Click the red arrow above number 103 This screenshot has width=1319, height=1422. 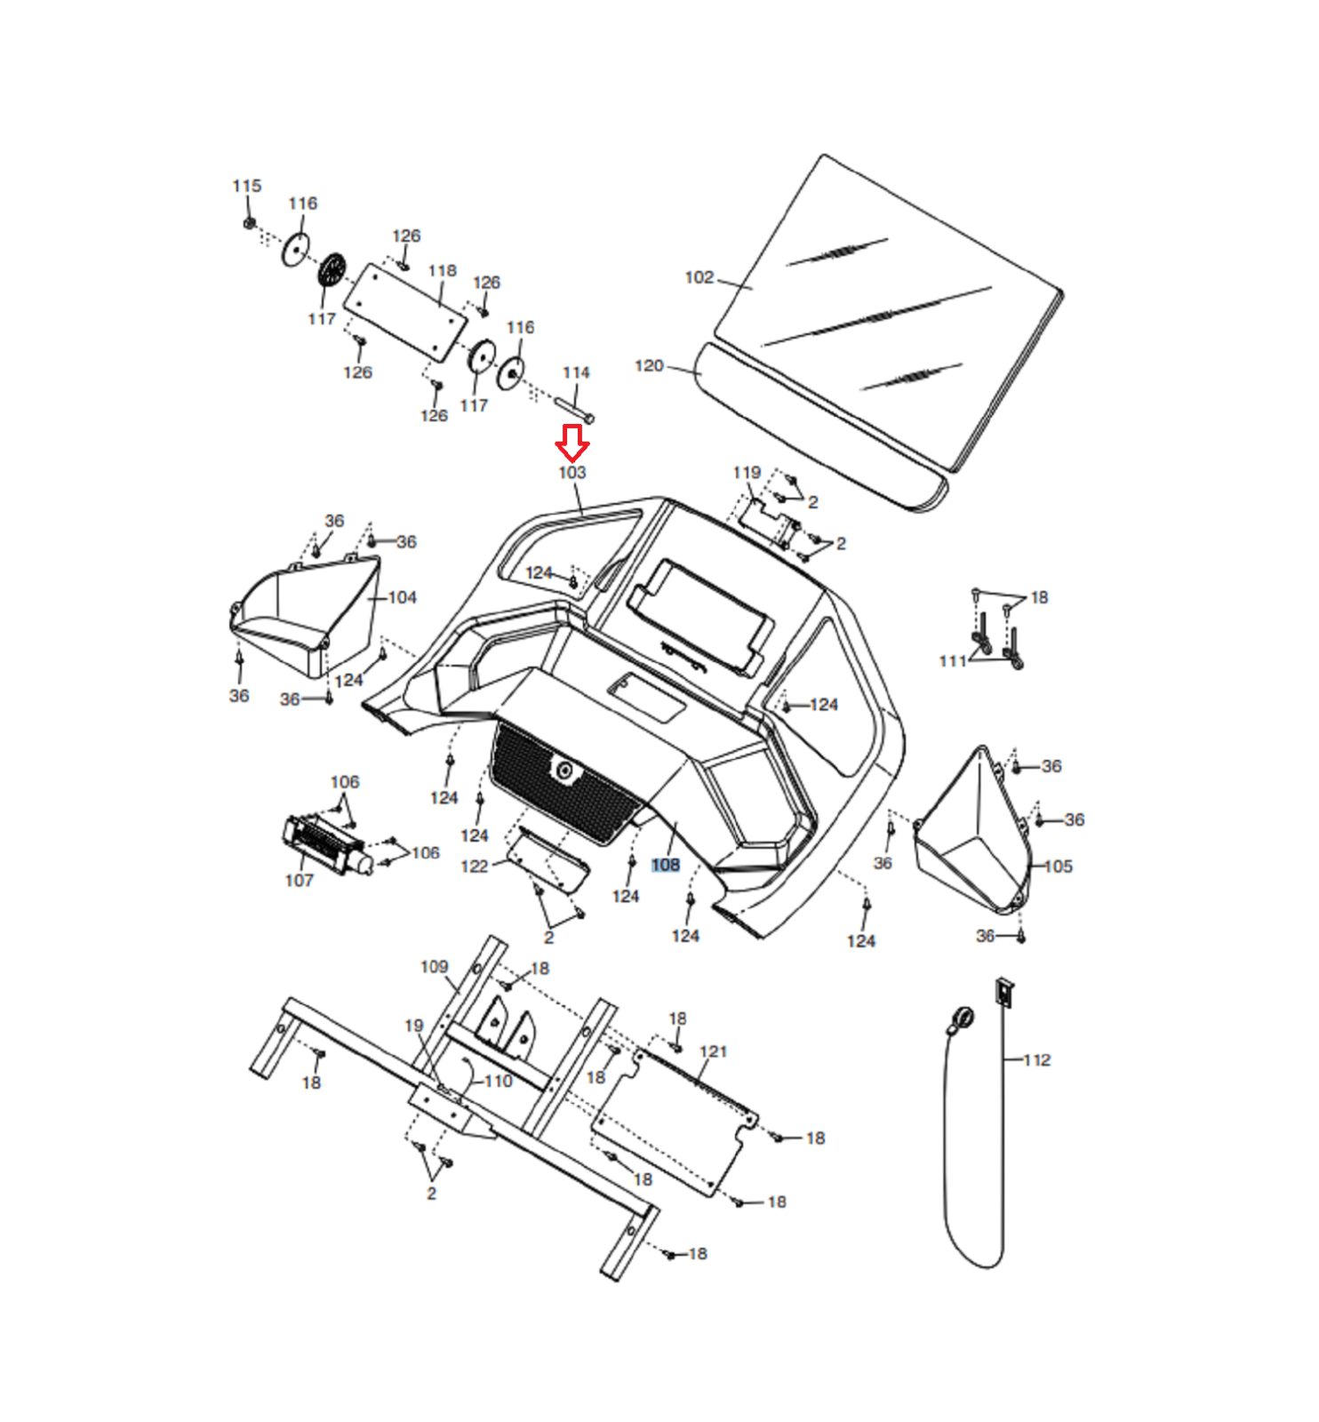pyautogui.click(x=572, y=442)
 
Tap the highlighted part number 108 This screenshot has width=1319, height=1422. pyautogui.click(x=665, y=865)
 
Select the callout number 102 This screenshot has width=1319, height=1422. pyautogui.click(x=699, y=277)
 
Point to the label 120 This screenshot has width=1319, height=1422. pyautogui.click(x=649, y=365)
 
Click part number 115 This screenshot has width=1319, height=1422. pyautogui.click(x=247, y=186)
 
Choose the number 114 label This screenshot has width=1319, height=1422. pyautogui.click(x=576, y=372)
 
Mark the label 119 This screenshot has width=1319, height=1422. pyautogui.click(x=747, y=472)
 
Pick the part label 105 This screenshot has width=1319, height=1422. pyautogui.click(x=1058, y=866)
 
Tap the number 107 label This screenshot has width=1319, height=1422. pyautogui.click(x=299, y=880)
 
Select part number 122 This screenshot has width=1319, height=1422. pyautogui.click(x=474, y=866)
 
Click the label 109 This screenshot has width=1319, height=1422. pyautogui.click(x=434, y=966)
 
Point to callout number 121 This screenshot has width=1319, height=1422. pyautogui.click(x=713, y=1051)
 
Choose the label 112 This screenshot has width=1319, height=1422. pyautogui.click(x=1036, y=1059)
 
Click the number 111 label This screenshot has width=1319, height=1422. pyautogui.click(x=952, y=660)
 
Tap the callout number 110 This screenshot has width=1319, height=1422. pyautogui.click(x=498, y=1081)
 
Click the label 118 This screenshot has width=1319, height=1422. pyautogui.click(x=442, y=270)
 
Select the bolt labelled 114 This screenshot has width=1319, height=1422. pyautogui.click(x=574, y=411)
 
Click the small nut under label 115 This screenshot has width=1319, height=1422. pyautogui.click(x=250, y=222)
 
